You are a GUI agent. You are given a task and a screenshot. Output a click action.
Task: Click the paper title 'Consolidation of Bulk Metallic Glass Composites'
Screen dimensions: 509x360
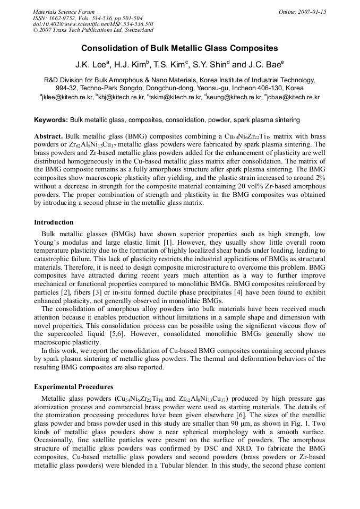[x=179, y=48]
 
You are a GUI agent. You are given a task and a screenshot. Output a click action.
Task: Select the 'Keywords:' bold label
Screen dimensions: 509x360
[x=51, y=120]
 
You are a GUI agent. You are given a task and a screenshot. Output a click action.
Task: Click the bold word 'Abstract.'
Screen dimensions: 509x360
[x=49, y=136]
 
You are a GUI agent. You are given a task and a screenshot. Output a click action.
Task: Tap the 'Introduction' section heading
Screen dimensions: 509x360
[x=54, y=222]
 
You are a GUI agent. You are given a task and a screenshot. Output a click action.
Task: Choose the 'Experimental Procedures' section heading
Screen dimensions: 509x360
[x=73, y=387]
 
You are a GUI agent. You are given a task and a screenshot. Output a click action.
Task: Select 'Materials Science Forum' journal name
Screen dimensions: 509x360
[x=64, y=12]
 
